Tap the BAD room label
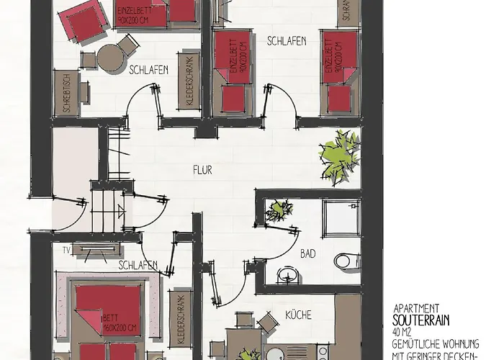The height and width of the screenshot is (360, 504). click(307, 253)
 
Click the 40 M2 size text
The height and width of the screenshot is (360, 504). click(404, 328)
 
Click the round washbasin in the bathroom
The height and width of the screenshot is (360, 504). click(287, 274)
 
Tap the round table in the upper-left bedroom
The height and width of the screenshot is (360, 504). click(110, 58)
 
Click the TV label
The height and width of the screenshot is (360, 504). click(66, 250)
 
